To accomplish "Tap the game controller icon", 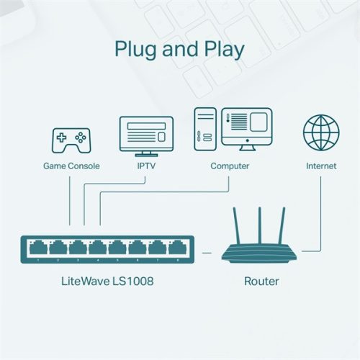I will (x=70, y=139).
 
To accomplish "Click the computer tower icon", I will (x=205, y=130).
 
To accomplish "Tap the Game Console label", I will (x=71, y=166).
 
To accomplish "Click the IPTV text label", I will (x=146, y=166).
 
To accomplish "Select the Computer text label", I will (x=230, y=166).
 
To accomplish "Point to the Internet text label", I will (x=321, y=166).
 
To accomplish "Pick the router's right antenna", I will (x=282, y=226).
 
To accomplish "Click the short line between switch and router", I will (x=207, y=252).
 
